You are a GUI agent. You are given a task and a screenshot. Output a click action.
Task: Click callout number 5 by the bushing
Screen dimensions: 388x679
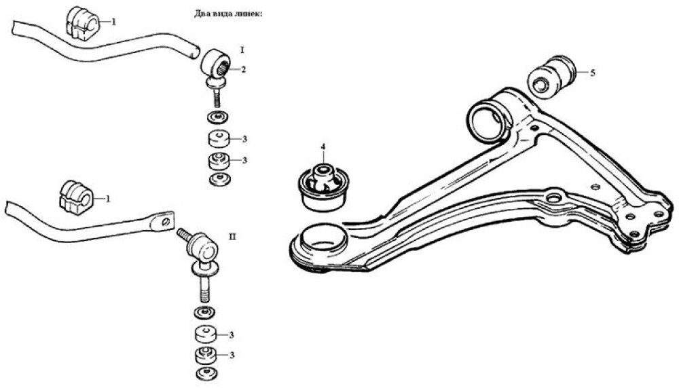coord(593,72)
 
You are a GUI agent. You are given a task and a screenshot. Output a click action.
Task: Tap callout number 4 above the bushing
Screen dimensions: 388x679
coord(323,147)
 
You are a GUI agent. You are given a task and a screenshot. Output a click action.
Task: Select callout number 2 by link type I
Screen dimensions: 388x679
coord(243,70)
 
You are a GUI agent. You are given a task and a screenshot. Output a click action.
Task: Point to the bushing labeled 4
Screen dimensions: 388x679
coord(325,187)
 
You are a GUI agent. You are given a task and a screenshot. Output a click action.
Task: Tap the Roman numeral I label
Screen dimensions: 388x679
coord(242,50)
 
